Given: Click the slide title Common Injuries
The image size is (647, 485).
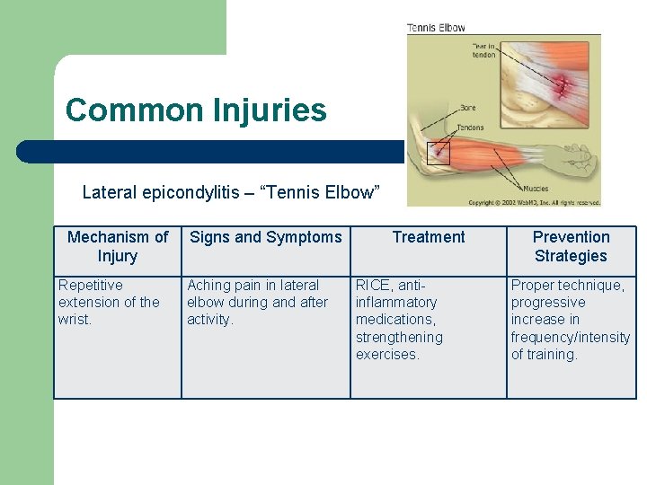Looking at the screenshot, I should pyautogui.click(x=196, y=110).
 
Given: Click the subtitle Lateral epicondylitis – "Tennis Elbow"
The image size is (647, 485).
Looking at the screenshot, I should pyautogui.click(x=231, y=192).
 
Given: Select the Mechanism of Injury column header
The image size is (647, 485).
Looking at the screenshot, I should pyautogui.click(x=118, y=246).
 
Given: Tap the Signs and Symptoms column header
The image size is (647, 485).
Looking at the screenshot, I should pyautogui.click(x=266, y=237).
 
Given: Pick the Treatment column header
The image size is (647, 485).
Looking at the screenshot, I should pyautogui.click(x=429, y=237).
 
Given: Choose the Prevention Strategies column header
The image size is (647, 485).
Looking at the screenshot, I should pyautogui.click(x=571, y=246).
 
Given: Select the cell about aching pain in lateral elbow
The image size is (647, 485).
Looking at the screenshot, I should pyautogui.click(x=257, y=302).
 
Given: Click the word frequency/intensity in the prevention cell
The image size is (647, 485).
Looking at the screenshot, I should pyautogui.click(x=571, y=338).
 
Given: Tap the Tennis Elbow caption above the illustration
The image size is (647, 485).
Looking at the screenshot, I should pyautogui.click(x=437, y=28).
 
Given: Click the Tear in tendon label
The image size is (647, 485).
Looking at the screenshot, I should pyautogui.click(x=483, y=49).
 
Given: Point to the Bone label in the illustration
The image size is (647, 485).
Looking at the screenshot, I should pyautogui.click(x=467, y=108).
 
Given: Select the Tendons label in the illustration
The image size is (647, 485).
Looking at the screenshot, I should pyautogui.click(x=470, y=128).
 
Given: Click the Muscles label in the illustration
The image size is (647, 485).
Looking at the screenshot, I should pyautogui.click(x=536, y=189).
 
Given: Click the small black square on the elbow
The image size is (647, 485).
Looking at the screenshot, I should pyautogui.click(x=438, y=153).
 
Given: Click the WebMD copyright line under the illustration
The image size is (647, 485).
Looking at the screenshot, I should pyautogui.click(x=534, y=202).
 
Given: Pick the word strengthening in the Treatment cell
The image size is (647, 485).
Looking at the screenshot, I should pyautogui.click(x=399, y=338).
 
